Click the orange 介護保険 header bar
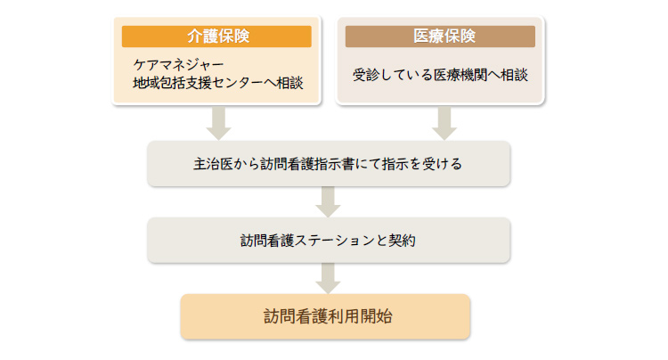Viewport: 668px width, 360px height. pyautogui.click(x=216, y=37)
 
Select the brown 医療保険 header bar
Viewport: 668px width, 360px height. pyautogui.click(x=440, y=37)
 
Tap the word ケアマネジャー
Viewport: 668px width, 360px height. pyautogui.click(x=178, y=65)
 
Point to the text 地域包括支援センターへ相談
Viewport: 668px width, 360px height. pyautogui.click(x=218, y=83)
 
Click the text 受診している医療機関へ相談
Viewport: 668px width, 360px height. pyautogui.click(x=440, y=75)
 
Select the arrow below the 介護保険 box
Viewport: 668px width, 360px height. pyautogui.click(x=218, y=123)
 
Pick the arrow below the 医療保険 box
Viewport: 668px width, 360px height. pyautogui.click(x=444, y=123)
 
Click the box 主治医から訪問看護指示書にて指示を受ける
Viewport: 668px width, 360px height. pyautogui.click(x=329, y=164)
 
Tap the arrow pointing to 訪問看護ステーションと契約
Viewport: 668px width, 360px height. pyautogui.click(x=328, y=202)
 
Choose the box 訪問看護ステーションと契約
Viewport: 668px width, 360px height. pyautogui.click(x=329, y=241)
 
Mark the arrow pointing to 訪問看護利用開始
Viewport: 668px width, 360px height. pyautogui.click(x=328, y=279)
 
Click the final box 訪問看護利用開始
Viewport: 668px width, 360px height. pyautogui.click(x=325, y=316)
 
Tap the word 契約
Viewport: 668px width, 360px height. pyautogui.click(x=402, y=241)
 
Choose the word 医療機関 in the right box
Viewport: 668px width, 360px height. pyautogui.click(x=460, y=75)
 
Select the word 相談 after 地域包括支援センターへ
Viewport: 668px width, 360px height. pyautogui.click(x=289, y=83)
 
